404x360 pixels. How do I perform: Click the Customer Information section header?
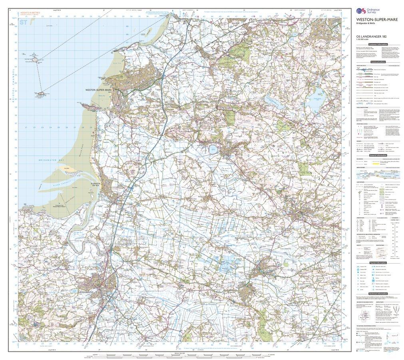pyautogui.click(x=378, y=44)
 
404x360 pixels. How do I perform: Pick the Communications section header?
pyautogui.click(x=378, y=62)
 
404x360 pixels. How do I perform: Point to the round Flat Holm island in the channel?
pyautogui.click(x=39, y=60)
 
